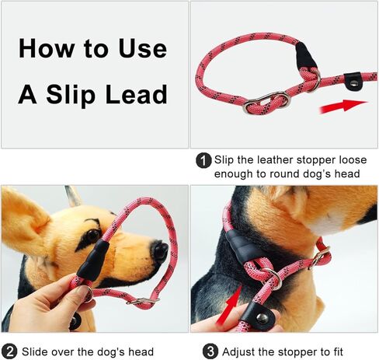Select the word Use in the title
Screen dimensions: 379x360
[x=143, y=48]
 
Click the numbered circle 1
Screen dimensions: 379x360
[x=203, y=161]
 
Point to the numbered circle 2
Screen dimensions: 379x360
[x=9, y=352]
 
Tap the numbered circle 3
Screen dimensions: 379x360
[x=210, y=351]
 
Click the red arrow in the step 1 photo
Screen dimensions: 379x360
[x=343, y=107]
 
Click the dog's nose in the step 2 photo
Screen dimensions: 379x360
[x=161, y=251]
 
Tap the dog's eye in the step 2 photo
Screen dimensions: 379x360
[x=92, y=235]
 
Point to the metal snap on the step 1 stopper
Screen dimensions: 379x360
[x=353, y=83]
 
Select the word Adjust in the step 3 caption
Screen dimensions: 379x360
[x=238, y=352]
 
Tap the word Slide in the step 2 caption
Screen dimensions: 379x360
[x=35, y=352]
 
